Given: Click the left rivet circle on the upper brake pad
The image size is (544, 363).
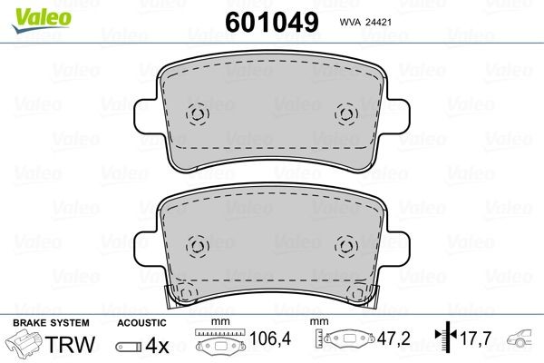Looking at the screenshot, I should click(x=198, y=113).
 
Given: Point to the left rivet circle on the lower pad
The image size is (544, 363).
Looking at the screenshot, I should click(x=198, y=246).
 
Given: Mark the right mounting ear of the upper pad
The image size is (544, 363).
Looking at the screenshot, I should click(x=397, y=116).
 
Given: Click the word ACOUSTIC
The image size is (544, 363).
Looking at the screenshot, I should click(x=141, y=323).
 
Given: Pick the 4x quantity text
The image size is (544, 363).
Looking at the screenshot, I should click(x=159, y=345).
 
